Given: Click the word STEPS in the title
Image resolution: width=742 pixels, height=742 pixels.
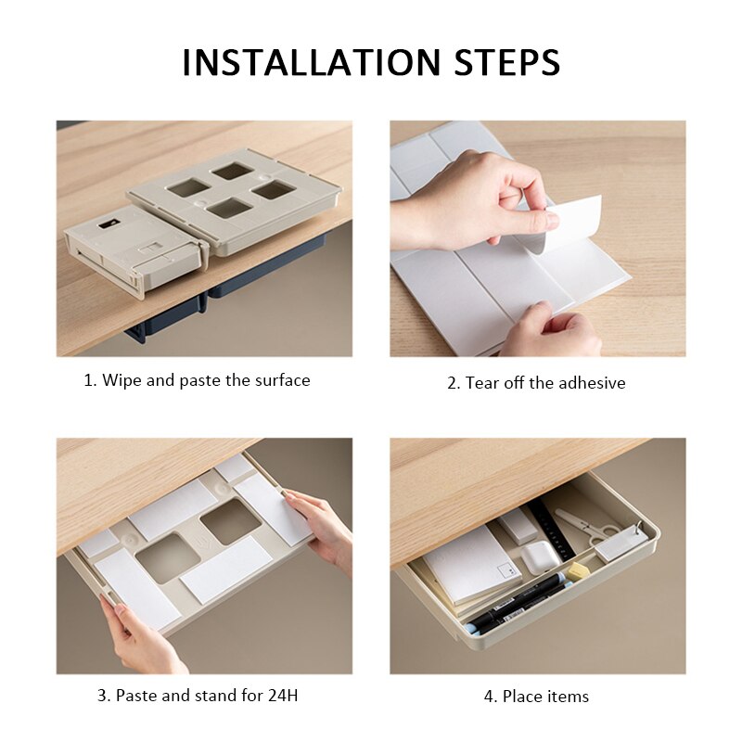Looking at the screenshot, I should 506,62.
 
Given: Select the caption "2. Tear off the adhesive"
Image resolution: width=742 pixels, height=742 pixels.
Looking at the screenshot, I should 536,382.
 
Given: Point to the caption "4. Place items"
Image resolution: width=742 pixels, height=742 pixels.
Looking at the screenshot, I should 536,697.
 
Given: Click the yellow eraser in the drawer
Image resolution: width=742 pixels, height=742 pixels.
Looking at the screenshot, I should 578,570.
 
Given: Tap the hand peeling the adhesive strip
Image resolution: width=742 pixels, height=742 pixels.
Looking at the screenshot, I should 473,199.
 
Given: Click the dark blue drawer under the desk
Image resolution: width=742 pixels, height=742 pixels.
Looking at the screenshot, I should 269,269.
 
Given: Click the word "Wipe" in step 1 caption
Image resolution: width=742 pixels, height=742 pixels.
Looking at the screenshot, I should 120,380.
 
